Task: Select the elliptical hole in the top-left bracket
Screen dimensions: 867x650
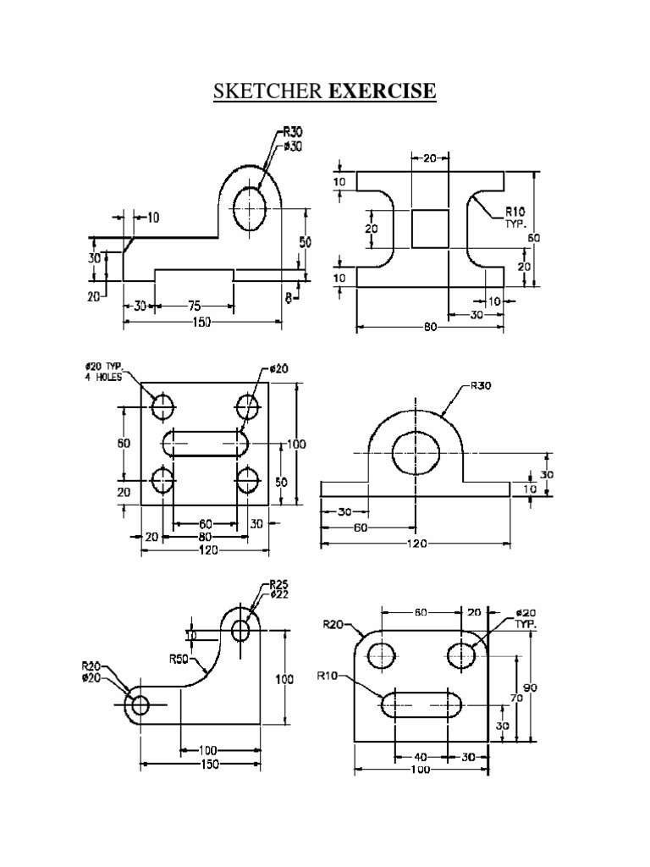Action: pyautogui.click(x=251, y=207)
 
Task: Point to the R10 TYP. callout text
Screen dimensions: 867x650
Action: pyautogui.click(x=515, y=218)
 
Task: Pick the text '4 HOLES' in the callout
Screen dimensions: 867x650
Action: pyautogui.click(x=102, y=377)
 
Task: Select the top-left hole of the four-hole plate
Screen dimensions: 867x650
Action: pyautogui.click(x=162, y=406)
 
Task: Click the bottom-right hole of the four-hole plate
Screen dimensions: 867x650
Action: pyautogui.click(x=248, y=481)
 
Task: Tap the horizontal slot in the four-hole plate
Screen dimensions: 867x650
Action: pyautogui.click(x=205, y=444)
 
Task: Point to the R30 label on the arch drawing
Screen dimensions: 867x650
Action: pyautogui.click(x=482, y=386)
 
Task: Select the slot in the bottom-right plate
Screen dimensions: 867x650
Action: pyautogui.click(x=421, y=704)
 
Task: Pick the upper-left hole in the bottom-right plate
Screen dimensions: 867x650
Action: pyautogui.click(x=382, y=654)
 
